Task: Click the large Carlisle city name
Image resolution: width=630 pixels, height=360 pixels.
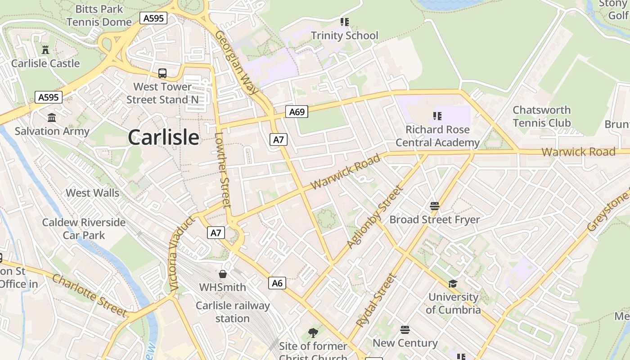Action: (x=163, y=137)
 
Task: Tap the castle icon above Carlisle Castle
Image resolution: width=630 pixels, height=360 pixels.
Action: (x=45, y=49)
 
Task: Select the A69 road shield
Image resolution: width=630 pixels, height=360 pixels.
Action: (x=297, y=112)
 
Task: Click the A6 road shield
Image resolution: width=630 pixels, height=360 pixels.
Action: (x=277, y=283)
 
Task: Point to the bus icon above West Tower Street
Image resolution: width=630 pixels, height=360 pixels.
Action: (x=162, y=73)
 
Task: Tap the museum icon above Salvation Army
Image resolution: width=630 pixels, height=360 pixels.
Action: (x=52, y=118)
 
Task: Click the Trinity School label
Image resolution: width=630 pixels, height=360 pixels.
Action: (x=345, y=36)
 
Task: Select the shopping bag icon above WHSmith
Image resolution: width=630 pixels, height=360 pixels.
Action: (x=223, y=274)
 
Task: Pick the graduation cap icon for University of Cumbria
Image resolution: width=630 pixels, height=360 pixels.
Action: (x=453, y=283)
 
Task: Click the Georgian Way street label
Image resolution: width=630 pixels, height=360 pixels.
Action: (x=236, y=62)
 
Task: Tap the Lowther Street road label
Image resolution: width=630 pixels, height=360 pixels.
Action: (x=223, y=170)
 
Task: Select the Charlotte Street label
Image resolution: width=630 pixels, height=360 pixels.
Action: (x=89, y=295)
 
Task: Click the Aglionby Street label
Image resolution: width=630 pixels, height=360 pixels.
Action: (x=374, y=217)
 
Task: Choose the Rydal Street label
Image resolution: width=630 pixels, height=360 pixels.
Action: (x=375, y=300)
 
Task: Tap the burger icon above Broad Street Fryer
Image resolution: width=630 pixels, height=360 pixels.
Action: (x=434, y=206)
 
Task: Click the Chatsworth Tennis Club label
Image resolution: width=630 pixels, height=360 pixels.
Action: (x=541, y=116)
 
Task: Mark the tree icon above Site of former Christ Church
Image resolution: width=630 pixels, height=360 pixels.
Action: (x=313, y=333)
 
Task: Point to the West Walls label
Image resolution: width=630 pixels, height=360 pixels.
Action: (x=92, y=193)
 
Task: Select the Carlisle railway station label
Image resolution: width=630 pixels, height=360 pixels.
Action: (x=233, y=312)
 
